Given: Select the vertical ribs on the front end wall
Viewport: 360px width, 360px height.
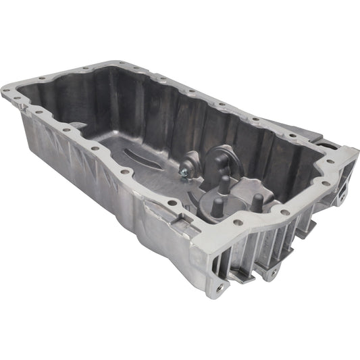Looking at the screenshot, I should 270,243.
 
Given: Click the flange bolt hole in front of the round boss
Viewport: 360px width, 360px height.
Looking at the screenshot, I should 238,223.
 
